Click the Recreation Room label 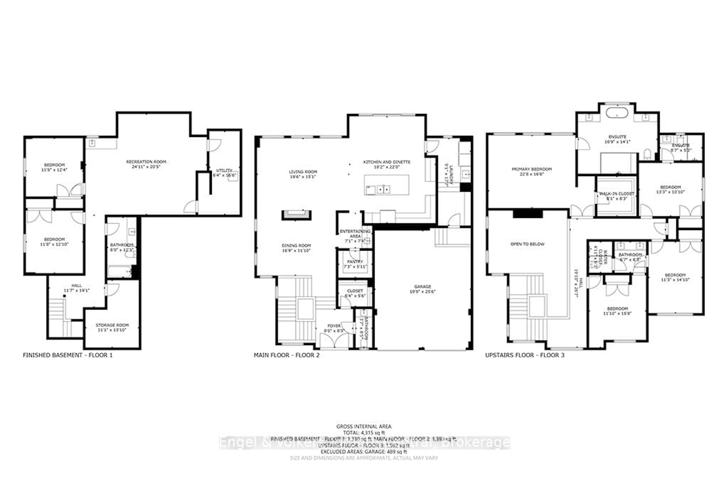(146, 164)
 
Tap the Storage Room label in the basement (112, 327)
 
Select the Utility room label (224, 173)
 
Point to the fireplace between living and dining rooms (296, 215)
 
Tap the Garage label (422, 289)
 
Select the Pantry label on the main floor (355, 264)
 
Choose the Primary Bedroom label (532, 171)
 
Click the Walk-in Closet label (617, 196)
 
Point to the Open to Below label (527, 244)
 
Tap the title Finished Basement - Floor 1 (68, 355)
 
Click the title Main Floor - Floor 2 (286, 355)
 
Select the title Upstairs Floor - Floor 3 (525, 355)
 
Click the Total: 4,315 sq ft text (364, 433)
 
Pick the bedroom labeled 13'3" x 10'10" (670, 189)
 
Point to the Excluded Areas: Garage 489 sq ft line (364, 452)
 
